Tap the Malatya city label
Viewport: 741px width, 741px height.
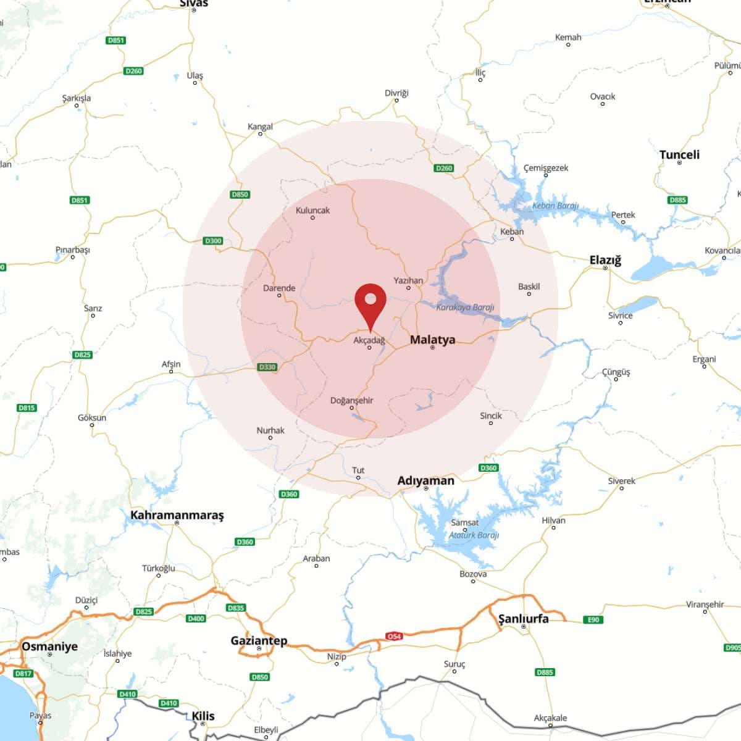pyautogui.click(x=432, y=340)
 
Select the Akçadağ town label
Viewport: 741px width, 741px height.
pyautogui.click(x=369, y=340)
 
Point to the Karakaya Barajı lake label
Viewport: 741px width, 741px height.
pyautogui.click(x=465, y=307)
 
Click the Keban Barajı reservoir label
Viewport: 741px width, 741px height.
pyautogui.click(x=555, y=206)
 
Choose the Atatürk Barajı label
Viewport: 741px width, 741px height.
pyautogui.click(x=474, y=535)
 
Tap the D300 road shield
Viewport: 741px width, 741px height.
pyautogui.click(x=213, y=241)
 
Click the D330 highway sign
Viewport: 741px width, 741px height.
pyautogui.click(x=267, y=367)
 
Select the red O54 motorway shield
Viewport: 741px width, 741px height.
pyautogui.click(x=394, y=636)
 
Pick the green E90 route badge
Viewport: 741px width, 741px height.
pyautogui.click(x=593, y=619)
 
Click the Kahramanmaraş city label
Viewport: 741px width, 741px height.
pyautogui.click(x=177, y=515)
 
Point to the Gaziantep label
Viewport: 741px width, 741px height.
pyautogui.click(x=259, y=640)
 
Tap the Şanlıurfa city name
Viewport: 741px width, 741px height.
pyautogui.click(x=523, y=619)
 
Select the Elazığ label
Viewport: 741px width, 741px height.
pyautogui.click(x=605, y=260)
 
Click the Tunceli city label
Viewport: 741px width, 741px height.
pyautogui.click(x=679, y=154)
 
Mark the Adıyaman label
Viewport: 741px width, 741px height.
pyautogui.click(x=425, y=480)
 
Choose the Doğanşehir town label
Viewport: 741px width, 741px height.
pyautogui.click(x=351, y=400)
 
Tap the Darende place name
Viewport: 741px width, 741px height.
pyautogui.click(x=279, y=288)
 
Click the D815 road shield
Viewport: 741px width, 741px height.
pyautogui.click(x=27, y=408)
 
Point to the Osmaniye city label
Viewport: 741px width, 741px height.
pyautogui.click(x=49, y=647)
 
